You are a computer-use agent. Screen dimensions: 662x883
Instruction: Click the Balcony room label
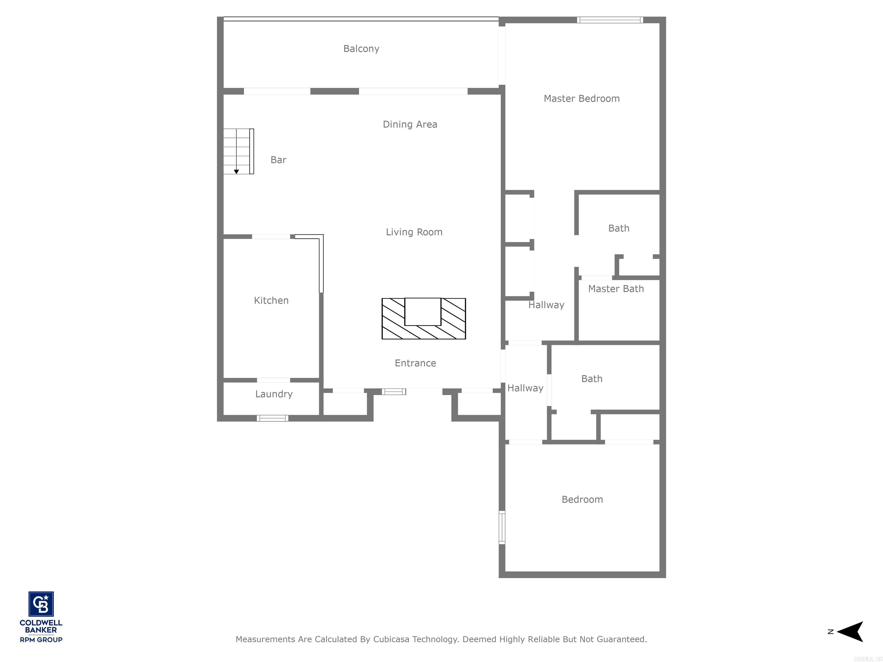[x=361, y=49]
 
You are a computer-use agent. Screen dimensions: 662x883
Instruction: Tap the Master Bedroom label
[x=581, y=99]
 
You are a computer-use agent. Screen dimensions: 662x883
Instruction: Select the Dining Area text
[x=410, y=124]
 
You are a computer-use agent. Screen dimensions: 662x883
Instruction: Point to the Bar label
[x=278, y=160]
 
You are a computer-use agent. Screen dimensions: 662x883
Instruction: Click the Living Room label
[x=414, y=232]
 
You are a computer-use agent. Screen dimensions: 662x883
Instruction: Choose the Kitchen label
[x=271, y=301]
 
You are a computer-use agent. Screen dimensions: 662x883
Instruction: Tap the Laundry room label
[x=274, y=394]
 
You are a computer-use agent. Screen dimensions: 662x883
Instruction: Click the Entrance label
[x=415, y=363]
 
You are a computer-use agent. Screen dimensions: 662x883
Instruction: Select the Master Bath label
[x=616, y=289]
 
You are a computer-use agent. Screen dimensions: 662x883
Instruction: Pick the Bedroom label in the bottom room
[x=582, y=500]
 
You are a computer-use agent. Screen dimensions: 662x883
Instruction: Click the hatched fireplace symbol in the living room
[x=424, y=319]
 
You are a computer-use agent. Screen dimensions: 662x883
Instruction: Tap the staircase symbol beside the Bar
[x=238, y=151]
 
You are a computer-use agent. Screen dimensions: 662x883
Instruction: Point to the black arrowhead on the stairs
[x=236, y=172]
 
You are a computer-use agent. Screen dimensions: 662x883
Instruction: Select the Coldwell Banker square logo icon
[x=41, y=604]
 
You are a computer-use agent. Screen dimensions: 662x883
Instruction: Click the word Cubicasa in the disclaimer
[x=391, y=639]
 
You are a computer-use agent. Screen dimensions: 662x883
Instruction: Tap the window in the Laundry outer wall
[x=272, y=418]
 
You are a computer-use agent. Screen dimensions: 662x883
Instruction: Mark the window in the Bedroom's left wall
[x=502, y=527]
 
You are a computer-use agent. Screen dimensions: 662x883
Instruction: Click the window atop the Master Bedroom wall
[x=610, y=20]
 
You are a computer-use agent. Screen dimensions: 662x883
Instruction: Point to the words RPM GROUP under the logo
[x=41, y=640]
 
